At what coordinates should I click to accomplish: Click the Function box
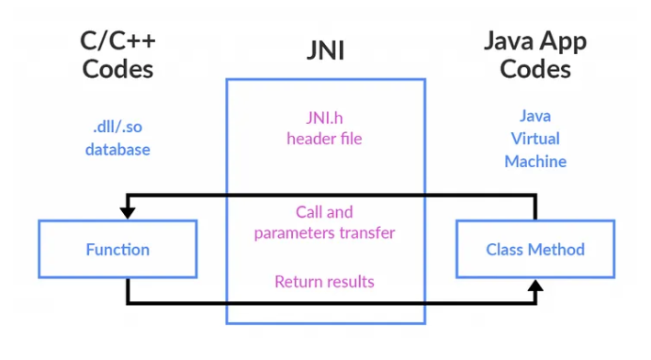[x=118, y=249]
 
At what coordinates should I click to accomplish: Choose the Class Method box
[x=534, y=249]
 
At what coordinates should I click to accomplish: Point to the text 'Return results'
[x=324, y=281]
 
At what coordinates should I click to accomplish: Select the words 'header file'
[x=324, y=139]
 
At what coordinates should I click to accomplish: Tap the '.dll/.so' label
[x=118, y=128]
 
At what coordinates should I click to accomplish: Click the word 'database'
[x=118, y=149]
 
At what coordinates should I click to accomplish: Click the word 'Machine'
[x=534, y=161]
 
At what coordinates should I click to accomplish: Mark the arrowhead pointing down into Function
[x=127, y=212]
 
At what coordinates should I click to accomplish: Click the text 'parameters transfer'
[x=324, y=232]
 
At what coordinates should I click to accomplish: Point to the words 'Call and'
[x=324, y=211]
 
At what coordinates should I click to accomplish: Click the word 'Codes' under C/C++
[x=118, y=69]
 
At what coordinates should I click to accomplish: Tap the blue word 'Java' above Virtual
[x=534, y=116]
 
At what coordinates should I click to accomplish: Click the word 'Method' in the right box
[x=558, y=249]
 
